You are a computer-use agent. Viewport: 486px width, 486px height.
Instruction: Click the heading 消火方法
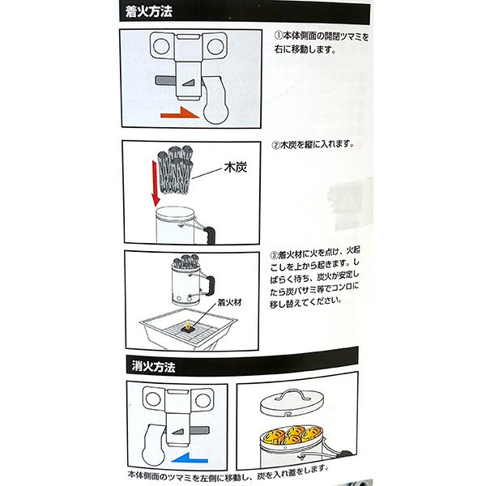[155, 367]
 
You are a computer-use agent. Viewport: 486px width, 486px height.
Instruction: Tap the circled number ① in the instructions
[276, 36]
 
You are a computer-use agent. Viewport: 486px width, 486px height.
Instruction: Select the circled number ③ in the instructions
[275, 254]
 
